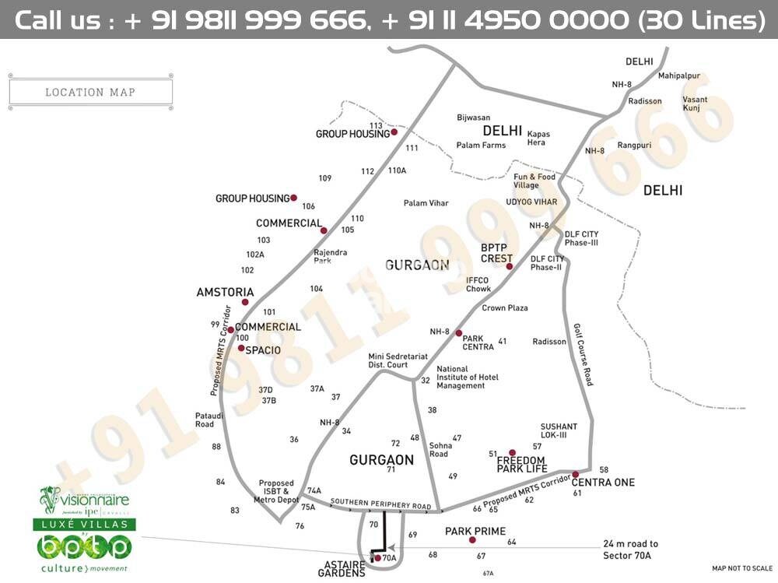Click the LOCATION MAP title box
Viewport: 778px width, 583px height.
pos(90,92)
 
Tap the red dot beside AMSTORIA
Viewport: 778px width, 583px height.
pos(245,302)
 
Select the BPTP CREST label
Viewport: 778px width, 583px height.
pos(496,254)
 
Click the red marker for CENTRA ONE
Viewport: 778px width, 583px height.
pos(575,474)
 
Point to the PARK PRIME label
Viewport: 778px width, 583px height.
pos(475,531)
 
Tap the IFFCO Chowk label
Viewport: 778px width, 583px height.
pos(478,284)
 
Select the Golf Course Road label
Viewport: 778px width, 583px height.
pos(583,355)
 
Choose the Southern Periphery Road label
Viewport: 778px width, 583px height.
pos(380,504)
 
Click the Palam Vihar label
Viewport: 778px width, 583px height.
pos(426,203)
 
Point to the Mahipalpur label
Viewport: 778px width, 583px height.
pos(678,76)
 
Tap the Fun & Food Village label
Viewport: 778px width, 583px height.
pos(534,181)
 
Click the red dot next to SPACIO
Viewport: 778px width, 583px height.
pos(241,349)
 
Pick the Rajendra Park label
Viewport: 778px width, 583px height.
pos(330,256)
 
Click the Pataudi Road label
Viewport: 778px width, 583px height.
pos(205,420)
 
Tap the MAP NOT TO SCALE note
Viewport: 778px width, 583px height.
pos(742,568)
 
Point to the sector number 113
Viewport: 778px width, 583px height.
pos(377,125)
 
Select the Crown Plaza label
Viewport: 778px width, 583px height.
pos(504,308)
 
